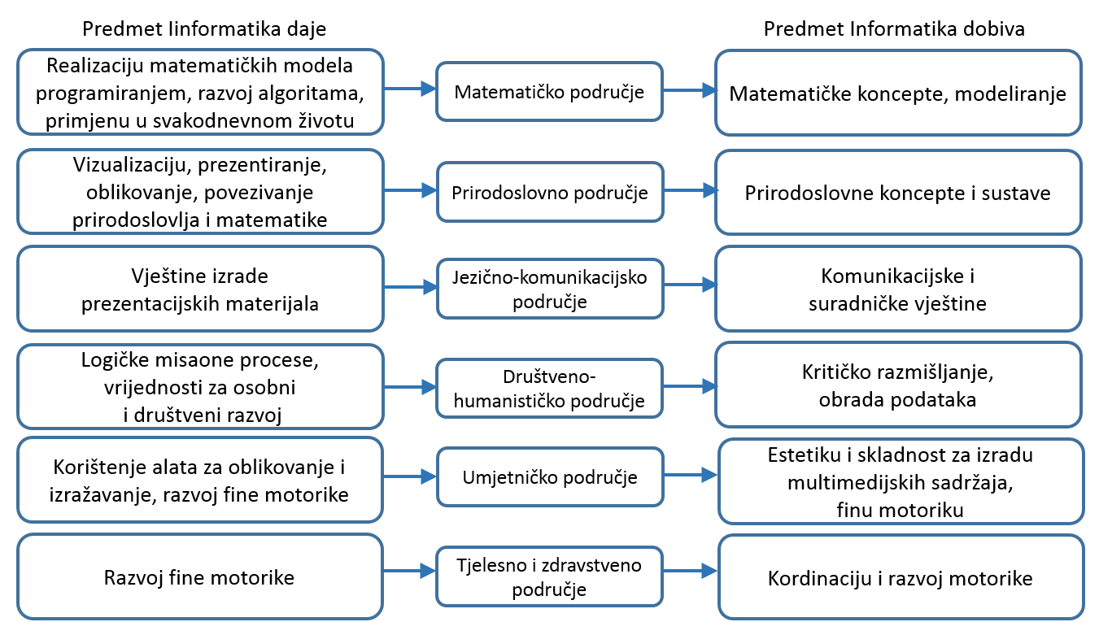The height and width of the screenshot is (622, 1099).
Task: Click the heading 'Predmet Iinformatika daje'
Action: (203, 29)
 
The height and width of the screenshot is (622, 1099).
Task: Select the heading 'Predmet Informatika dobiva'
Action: (894, 29)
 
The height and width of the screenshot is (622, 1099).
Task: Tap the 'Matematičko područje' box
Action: (549, 92)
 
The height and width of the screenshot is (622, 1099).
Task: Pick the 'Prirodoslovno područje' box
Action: (549, 193)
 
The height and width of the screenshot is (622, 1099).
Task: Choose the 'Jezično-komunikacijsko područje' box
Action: (549, 289)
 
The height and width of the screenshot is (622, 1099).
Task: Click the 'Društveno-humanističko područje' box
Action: (549, 388)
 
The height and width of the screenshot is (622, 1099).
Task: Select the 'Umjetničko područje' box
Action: (549, 477)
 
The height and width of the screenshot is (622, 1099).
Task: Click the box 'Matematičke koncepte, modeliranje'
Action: (898, 93)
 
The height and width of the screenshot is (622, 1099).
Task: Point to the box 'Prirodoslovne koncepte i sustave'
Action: (898, 193)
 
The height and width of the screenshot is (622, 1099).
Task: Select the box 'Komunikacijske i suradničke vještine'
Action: (898, 289)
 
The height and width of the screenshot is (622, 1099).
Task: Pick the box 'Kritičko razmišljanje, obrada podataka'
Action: (898, 387)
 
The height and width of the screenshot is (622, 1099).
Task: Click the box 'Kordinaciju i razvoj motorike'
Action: (901, 577)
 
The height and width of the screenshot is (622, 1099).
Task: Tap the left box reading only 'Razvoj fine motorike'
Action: (199, 577)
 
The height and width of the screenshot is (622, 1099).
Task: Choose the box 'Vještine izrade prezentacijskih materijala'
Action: (199, 289)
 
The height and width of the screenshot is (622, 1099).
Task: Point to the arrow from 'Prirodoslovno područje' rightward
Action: (690, 191)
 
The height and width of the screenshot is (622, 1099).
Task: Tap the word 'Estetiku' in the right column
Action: (799, 455)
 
